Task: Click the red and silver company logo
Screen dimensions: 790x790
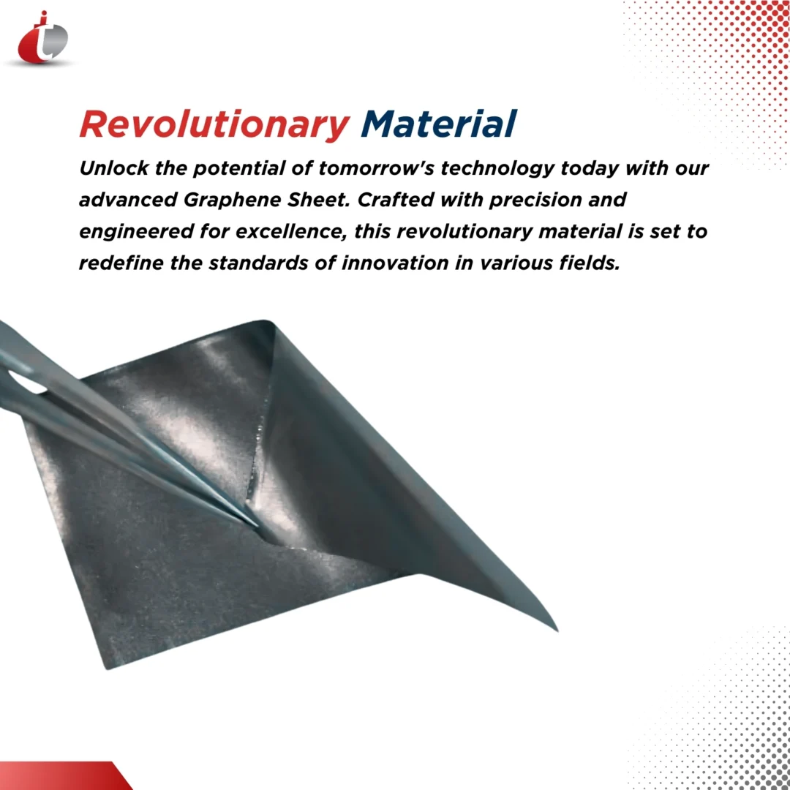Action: click(42, 38)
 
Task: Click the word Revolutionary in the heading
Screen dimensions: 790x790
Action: click(214, 124)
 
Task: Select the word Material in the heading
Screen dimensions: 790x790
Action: click(439, 124)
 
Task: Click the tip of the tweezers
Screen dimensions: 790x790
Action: click(256, 524)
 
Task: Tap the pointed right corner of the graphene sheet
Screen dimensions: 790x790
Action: click(556, 628)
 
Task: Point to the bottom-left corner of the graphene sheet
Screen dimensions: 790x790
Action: click(107, 667)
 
